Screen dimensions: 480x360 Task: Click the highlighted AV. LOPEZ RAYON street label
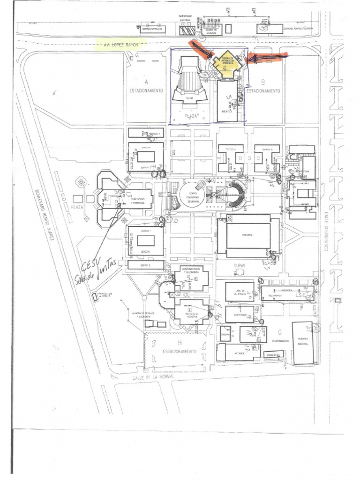click(120, 45)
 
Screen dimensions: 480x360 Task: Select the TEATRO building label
click(189, 98)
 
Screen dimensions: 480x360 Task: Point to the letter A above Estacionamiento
click(146, 81)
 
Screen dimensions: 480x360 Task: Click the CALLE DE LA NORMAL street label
click(147, 376)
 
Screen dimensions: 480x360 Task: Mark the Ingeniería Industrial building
click(303, 343)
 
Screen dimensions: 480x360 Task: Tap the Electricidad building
click(240, 314)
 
